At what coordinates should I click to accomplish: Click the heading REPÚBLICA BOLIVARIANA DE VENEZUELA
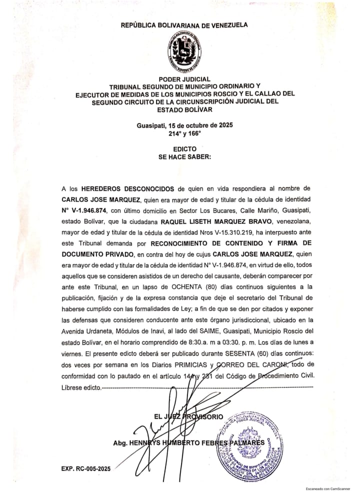pos(184,25)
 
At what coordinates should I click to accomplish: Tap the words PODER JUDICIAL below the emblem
pos(184,79)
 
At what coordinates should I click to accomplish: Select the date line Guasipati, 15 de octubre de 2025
pos(184,125)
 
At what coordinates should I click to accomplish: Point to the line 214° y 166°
pos(184,133)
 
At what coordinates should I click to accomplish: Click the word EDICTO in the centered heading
pos(184,149)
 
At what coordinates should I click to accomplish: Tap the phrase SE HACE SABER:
pos(184,156)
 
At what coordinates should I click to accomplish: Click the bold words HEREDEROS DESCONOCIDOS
pos(126,188)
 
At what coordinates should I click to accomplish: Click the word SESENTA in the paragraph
pos(237,353)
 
